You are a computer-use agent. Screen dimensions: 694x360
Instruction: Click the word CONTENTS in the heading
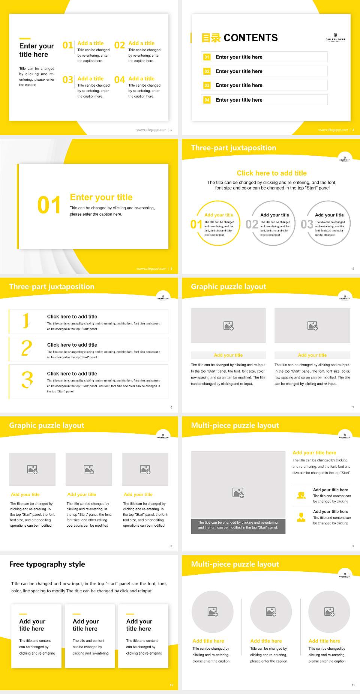(x=250, y=38)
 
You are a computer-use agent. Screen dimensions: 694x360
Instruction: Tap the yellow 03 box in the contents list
(x=207, y=86)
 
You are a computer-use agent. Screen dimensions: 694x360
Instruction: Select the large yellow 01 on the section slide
(x=49, y=205)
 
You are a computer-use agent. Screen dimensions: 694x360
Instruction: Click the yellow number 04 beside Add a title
(x=119, y=80)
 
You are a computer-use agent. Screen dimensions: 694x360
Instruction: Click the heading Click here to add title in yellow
(x=271, y=173)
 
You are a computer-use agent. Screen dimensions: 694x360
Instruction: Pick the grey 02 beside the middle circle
(x=252, y=224)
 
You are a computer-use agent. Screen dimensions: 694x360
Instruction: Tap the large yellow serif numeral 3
(x=27, y=380)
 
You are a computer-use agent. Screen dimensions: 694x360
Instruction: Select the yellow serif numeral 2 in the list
(x=27, y=349)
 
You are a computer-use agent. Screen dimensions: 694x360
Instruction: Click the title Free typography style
(x=47, y=564)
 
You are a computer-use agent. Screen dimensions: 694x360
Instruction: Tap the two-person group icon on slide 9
(x=301, y=495)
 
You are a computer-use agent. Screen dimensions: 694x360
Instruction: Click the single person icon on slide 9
(x=301, y=517)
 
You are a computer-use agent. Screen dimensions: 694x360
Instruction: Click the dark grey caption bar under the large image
(x=238, y=525)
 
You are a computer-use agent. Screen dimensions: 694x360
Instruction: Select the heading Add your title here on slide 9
(x=314, y=453)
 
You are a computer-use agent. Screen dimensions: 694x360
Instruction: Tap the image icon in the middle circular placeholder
(x=271, y=612)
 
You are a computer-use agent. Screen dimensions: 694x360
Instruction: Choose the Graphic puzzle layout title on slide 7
(x=228, y=287)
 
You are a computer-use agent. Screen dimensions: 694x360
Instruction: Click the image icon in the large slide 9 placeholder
(x=238, y=493)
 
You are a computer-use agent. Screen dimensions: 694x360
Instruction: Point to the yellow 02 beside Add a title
(x=119, y=45)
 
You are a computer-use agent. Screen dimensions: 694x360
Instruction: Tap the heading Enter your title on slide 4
(x=101, y=197)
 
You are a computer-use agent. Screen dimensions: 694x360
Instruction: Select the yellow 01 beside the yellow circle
(x=196, y=224)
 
